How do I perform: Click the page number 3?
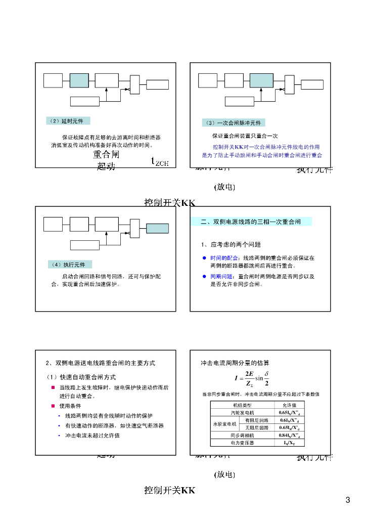click(347, 501)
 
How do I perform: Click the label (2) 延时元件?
click(67, 121)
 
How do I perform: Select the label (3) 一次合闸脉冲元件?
click(233, 123)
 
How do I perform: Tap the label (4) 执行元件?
click(70, 265)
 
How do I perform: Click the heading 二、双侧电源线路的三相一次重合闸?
click(251, 222)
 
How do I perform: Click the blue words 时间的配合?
click(222, 258)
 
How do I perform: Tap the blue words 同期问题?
click(222, 277)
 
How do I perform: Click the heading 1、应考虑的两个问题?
click(231, 245)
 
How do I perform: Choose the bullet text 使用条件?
click(70, 406)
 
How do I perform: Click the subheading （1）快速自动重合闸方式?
click(81, 377)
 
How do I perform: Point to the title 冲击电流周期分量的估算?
click(235, 363)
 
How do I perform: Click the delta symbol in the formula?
click(266, 374)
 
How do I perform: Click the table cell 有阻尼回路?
click(257, 420)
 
